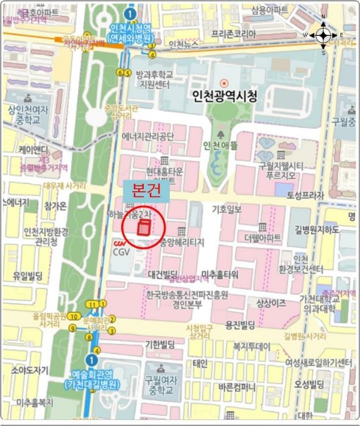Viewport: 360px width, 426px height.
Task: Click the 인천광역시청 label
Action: pos(225,96)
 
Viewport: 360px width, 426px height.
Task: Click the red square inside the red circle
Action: pos(144,229)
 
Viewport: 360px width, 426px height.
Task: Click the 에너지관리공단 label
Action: pos(148,136)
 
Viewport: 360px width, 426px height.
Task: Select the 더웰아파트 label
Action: pos(262,237)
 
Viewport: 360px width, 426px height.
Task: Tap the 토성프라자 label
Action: pos(307,194)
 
